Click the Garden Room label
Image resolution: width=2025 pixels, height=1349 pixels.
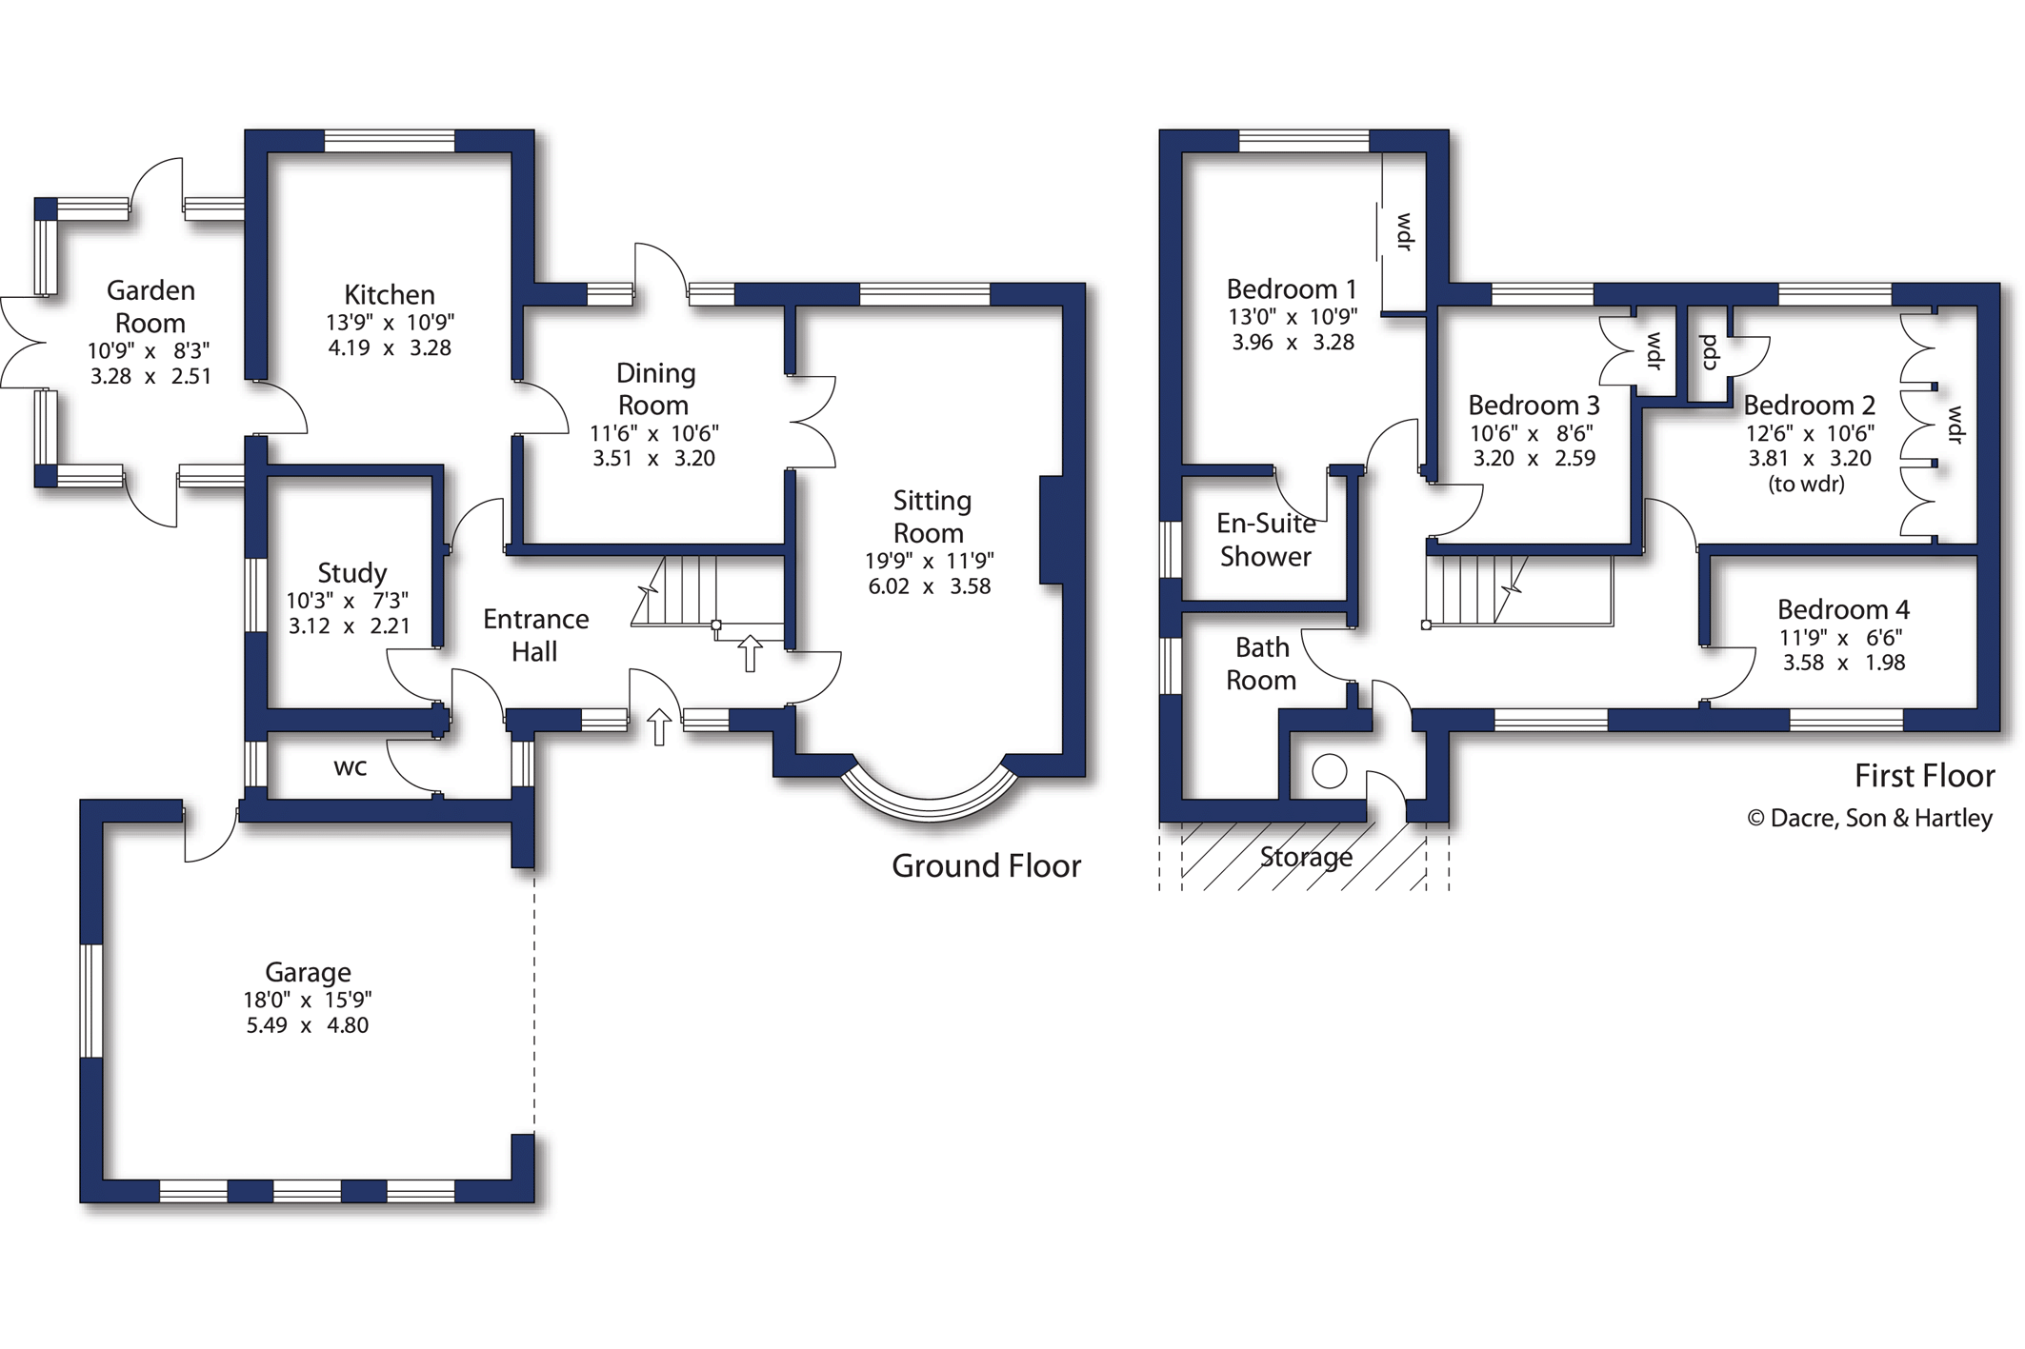(150, 307)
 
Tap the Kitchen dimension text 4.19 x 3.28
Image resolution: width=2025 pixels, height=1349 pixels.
(390, 348)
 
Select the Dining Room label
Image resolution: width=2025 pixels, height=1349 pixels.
(655, 388)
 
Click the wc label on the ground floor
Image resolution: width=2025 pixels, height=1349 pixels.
(350, 767)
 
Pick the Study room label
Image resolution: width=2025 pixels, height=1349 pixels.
(351, 573)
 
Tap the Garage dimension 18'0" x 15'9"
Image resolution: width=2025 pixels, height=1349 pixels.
(308, 1000)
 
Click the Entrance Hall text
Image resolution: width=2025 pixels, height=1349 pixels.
(535, 635)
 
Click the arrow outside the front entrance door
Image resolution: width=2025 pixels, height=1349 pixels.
(659, 726)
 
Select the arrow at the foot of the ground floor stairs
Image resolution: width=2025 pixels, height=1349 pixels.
(751, 653)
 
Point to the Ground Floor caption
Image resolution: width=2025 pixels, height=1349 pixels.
(986, 866)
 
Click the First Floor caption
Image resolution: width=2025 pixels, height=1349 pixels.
(1924, 776)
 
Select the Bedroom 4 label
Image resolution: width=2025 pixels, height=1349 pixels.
(1843, 609)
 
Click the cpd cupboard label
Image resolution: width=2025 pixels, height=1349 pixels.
(1709, 351)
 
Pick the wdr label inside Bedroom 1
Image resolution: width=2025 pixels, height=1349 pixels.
(1404, 231)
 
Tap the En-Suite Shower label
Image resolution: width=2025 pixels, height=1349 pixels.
(1266, 540)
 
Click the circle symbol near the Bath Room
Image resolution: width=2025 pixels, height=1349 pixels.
(1329, 770)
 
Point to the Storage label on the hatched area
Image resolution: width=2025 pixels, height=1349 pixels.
(1306, 858)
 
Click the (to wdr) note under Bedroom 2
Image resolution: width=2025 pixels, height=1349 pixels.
(1806, 484)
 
